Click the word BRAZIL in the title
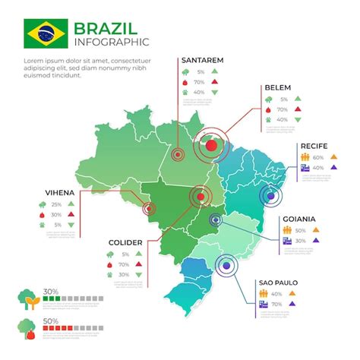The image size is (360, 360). (x=106, y=29)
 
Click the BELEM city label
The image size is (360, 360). (x=276, y=87)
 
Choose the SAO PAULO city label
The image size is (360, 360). (x=278, y=283)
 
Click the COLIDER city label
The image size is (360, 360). (x=125, y=242)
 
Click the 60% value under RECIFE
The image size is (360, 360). (x=318, y=157)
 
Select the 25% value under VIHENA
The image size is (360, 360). (x=56, y=204)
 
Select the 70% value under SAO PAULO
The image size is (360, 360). (x=276, y=305)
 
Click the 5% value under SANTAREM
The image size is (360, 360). (x=200, y=71)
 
